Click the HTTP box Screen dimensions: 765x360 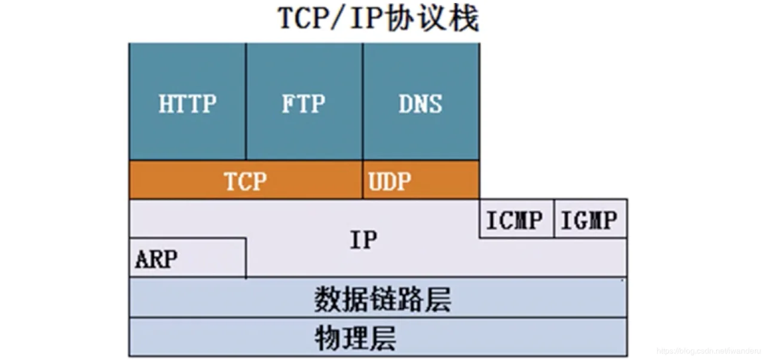(x=188, y=102)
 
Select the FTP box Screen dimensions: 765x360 (x=304, y=102)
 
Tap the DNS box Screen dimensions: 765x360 (x=421, y=102)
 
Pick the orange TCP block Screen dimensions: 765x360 (x=246, y=180)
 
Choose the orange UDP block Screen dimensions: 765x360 (x=421, y=180)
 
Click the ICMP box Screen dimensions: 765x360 (x=517, y=219)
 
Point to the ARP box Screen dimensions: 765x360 (x=188, y=258)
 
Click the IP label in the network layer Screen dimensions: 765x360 (x=364, y=240)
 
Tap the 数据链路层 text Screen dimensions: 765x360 (x=382, y=299)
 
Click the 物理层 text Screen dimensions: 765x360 (x=355, y=338)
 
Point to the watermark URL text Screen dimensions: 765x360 (x=709, y=351)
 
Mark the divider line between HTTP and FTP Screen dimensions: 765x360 (x=246, y=102)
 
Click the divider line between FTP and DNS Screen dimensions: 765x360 (x=363, y=102)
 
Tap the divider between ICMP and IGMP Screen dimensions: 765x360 (x=554, y=219)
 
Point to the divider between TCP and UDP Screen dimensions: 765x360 (x=363, y=180)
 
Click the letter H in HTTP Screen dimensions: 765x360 (x=166, y=103)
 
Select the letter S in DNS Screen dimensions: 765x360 (x=435, y=103)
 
